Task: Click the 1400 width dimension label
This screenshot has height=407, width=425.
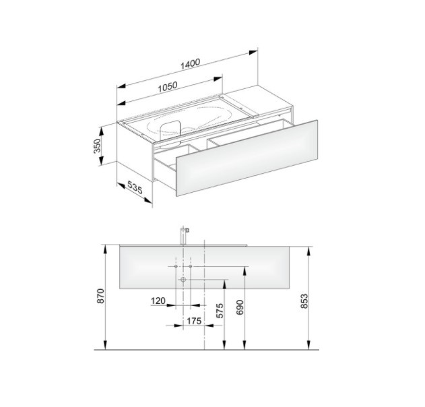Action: point(191,64)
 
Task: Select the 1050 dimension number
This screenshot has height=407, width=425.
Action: point(168,86)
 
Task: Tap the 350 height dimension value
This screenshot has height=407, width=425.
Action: point(97,146)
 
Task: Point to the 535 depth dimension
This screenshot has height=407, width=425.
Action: point(135,187)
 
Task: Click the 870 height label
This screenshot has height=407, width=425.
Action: point(100,296)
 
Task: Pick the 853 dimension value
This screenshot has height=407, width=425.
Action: point(304,301)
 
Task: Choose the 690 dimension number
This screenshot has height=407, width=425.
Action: point(240,307)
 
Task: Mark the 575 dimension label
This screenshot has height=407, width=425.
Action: point(220,311)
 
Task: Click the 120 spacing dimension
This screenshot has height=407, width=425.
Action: point(158,301)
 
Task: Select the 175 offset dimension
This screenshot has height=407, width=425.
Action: point(194,321)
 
